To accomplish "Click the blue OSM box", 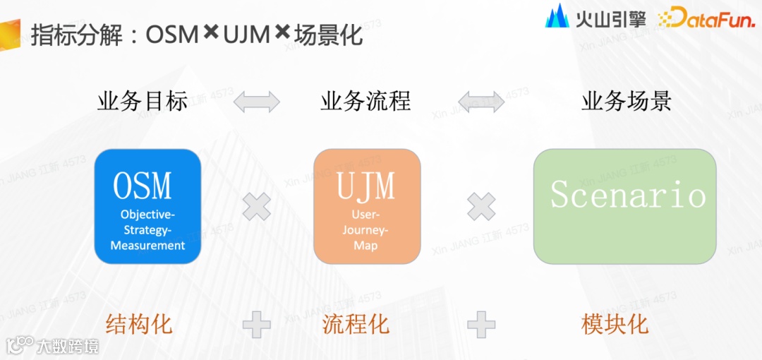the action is tap(147, 206).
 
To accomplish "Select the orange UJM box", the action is tap(366, 206).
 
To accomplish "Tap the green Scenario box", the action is tap(624, 206).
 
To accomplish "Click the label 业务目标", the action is tap(143, 102).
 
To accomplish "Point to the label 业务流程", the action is tap(365, 102).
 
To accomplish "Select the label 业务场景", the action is tap(627, 102).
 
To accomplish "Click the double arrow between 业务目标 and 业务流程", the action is tap(257, 102).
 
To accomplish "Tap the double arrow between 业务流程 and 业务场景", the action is tap(481, 102).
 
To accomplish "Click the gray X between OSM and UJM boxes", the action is tap(257, 207).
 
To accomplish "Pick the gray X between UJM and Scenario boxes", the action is tap(481, 207).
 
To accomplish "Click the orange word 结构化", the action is tap(139, 325).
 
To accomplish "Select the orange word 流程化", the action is tap(356, 325).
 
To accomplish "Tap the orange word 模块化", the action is tap(615, 325).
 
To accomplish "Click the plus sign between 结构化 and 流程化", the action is tap(257, 325).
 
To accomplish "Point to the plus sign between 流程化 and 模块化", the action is tap(481, 325).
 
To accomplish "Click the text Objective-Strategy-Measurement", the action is tap(148, 230).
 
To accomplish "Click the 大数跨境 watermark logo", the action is tap(53, 346).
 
